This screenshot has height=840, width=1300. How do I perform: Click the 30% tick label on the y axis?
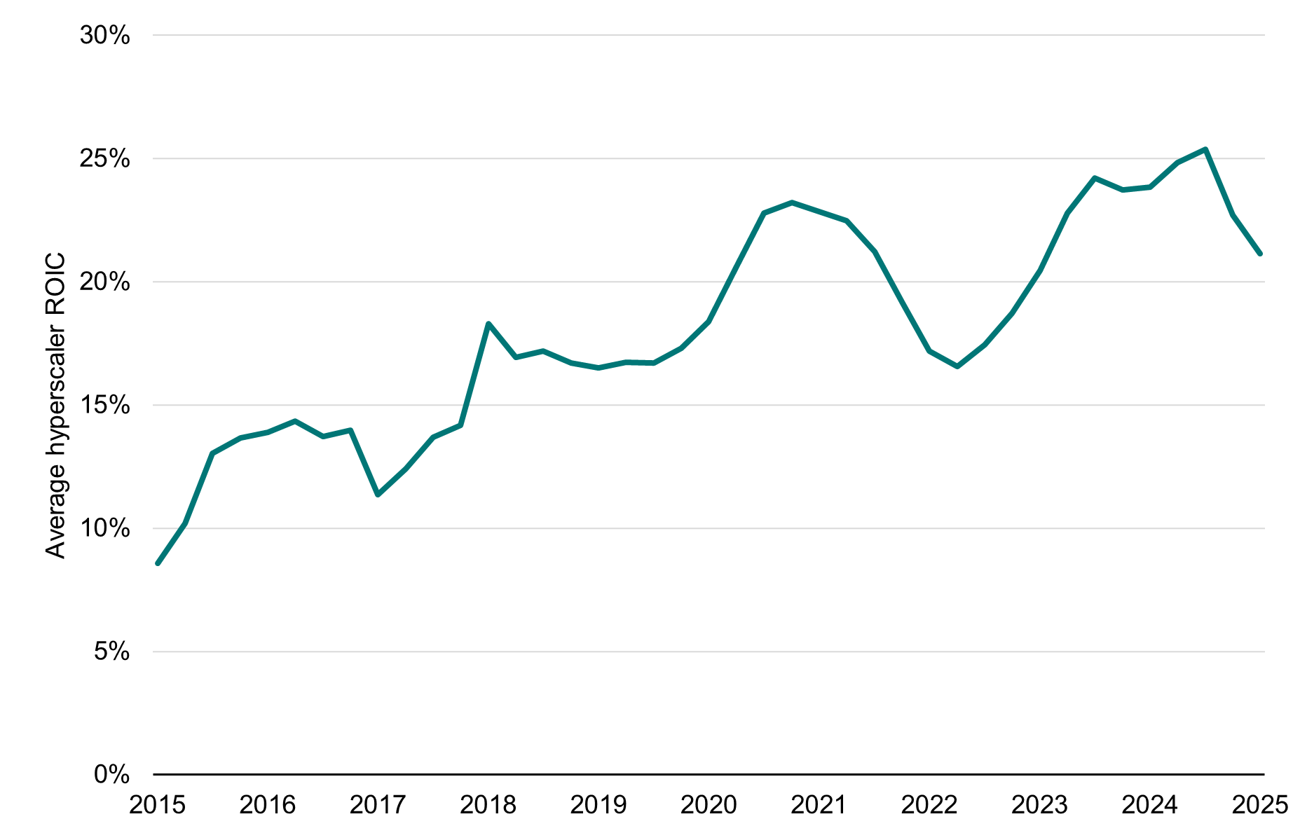click(104, 35)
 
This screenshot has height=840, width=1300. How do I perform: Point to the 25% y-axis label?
click(104, 158)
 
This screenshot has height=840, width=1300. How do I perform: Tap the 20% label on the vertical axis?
click(104, 282)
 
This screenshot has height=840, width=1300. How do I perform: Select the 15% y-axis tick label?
click(104, 405)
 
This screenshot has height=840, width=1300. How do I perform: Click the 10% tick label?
click(104, 528)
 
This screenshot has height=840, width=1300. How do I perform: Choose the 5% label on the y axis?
click(111, 652)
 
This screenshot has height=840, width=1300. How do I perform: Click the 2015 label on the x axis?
click(158, 805)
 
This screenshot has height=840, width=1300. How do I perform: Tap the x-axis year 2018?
click(488, 805)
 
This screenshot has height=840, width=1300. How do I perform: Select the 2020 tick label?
click(709, 805)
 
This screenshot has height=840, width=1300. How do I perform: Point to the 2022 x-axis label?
click(929, 805)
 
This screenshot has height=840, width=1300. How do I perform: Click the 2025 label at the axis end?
click(1259, 805)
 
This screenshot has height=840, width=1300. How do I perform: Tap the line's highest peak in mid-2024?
click(1205, 149)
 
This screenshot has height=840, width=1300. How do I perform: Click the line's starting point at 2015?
click(158, 563)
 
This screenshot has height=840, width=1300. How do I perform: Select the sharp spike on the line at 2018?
click(488, 324)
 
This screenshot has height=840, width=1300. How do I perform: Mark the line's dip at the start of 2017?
click(378, 495)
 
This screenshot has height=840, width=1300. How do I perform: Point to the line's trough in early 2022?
click(957, 366)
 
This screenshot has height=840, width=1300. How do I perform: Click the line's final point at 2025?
click(1260, 254)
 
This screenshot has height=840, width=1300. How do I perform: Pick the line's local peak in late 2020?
click(792, 202)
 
